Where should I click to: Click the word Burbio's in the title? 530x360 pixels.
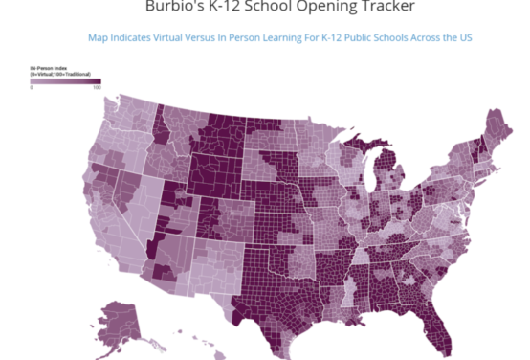point(174,7)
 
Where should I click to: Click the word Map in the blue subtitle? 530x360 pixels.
point(98,37)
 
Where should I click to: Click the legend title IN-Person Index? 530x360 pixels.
point(47,69)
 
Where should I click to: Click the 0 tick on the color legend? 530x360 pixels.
point(33,88)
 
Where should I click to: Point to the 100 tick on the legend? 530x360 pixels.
point(97,88)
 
